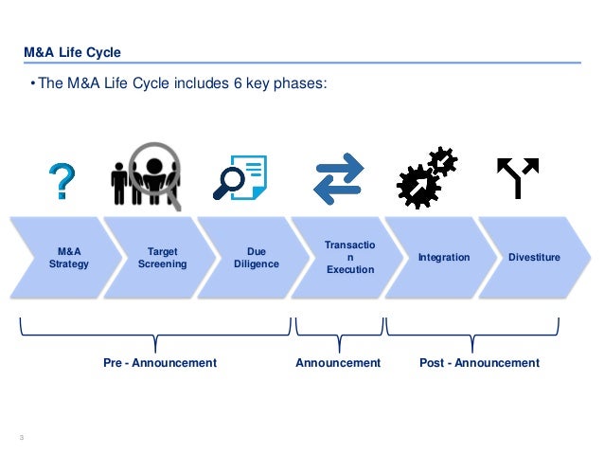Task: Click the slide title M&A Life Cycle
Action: pos(72,51)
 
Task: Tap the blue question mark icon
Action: pos(62,180)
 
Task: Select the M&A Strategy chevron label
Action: pos(68,258)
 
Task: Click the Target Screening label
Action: pos(162,258)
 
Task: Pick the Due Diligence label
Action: pos(256,258)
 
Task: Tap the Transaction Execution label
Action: pos(349,258)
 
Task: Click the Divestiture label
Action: pos(533,258)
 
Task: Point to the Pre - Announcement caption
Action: pos(159,363)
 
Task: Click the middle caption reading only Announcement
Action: pos(338,363)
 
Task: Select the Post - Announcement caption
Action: pos(479,363)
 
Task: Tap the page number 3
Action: pos(22,436)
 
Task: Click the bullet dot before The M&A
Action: pos(32,83)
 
